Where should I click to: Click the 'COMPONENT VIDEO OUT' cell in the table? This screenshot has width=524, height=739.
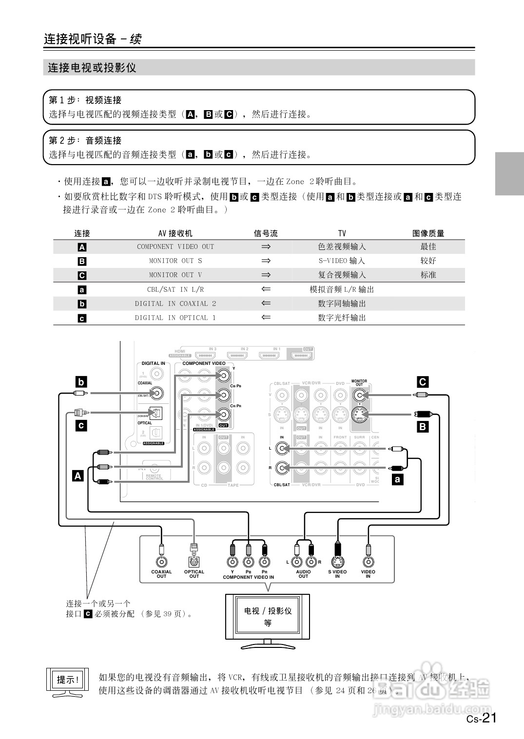click(x=175, y=246)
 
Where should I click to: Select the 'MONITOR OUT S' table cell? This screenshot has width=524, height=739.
click(x=175, y=261)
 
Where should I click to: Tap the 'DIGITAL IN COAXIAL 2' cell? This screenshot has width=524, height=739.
click(x=175, y=303)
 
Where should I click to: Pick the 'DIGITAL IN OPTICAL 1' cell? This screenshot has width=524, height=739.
click(x=175, y=318)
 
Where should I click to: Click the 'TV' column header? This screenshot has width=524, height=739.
click(x=342, y=233)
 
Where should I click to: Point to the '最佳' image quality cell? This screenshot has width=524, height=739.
click(x=428, y=246)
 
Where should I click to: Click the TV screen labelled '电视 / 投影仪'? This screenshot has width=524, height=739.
click(x=268, y=616)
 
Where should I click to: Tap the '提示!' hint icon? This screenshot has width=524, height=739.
click(x=68, y=680)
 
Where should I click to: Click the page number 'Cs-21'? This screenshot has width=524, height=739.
click(x=481, y=718)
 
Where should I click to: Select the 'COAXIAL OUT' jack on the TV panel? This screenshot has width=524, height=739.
click(x=161, y=562)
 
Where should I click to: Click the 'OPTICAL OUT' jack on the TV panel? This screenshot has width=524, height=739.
click(x=194, y=562)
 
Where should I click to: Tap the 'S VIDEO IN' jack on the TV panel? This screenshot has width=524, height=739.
click(x=337, y=562)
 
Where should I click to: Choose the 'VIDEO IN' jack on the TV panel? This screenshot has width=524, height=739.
click(x=368, y=562)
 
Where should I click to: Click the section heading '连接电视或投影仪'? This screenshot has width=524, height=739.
click(x=92, y=68)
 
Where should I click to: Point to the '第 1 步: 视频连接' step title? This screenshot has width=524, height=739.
click(x=85, y=100)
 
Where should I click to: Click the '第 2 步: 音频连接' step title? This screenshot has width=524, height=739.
click(x=85, y=140)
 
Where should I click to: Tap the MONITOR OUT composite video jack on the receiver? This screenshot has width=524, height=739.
click(x=360, y=395)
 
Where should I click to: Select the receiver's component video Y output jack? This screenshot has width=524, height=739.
click(x=223, y=375)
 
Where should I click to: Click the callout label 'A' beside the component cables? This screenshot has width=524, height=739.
click(x=78, y=475)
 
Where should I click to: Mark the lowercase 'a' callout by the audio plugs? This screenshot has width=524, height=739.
click(x=398, y=479)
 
